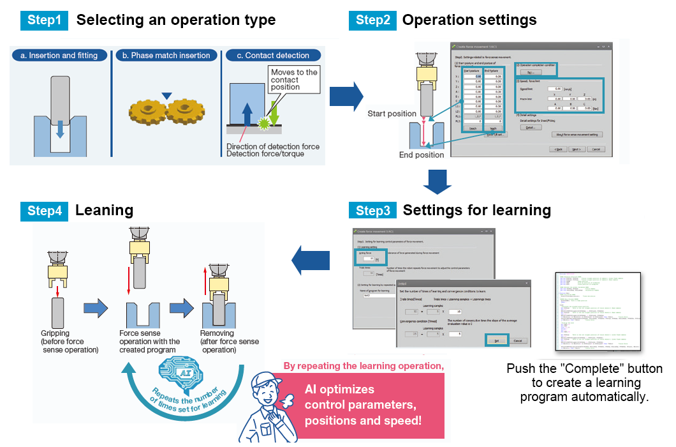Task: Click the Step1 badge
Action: (45, 20)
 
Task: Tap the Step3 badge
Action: (372, 210)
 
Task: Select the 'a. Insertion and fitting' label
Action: (59, 56)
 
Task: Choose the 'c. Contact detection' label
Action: (272, 56)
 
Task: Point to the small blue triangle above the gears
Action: (166, 96)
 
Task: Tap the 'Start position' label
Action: (392, 114)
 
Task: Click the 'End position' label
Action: (421, 155)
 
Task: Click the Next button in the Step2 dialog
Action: (576, 149)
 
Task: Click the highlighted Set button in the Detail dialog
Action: (497, 340)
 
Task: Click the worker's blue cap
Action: (268, 382)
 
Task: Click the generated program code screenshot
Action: (598, 311)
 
